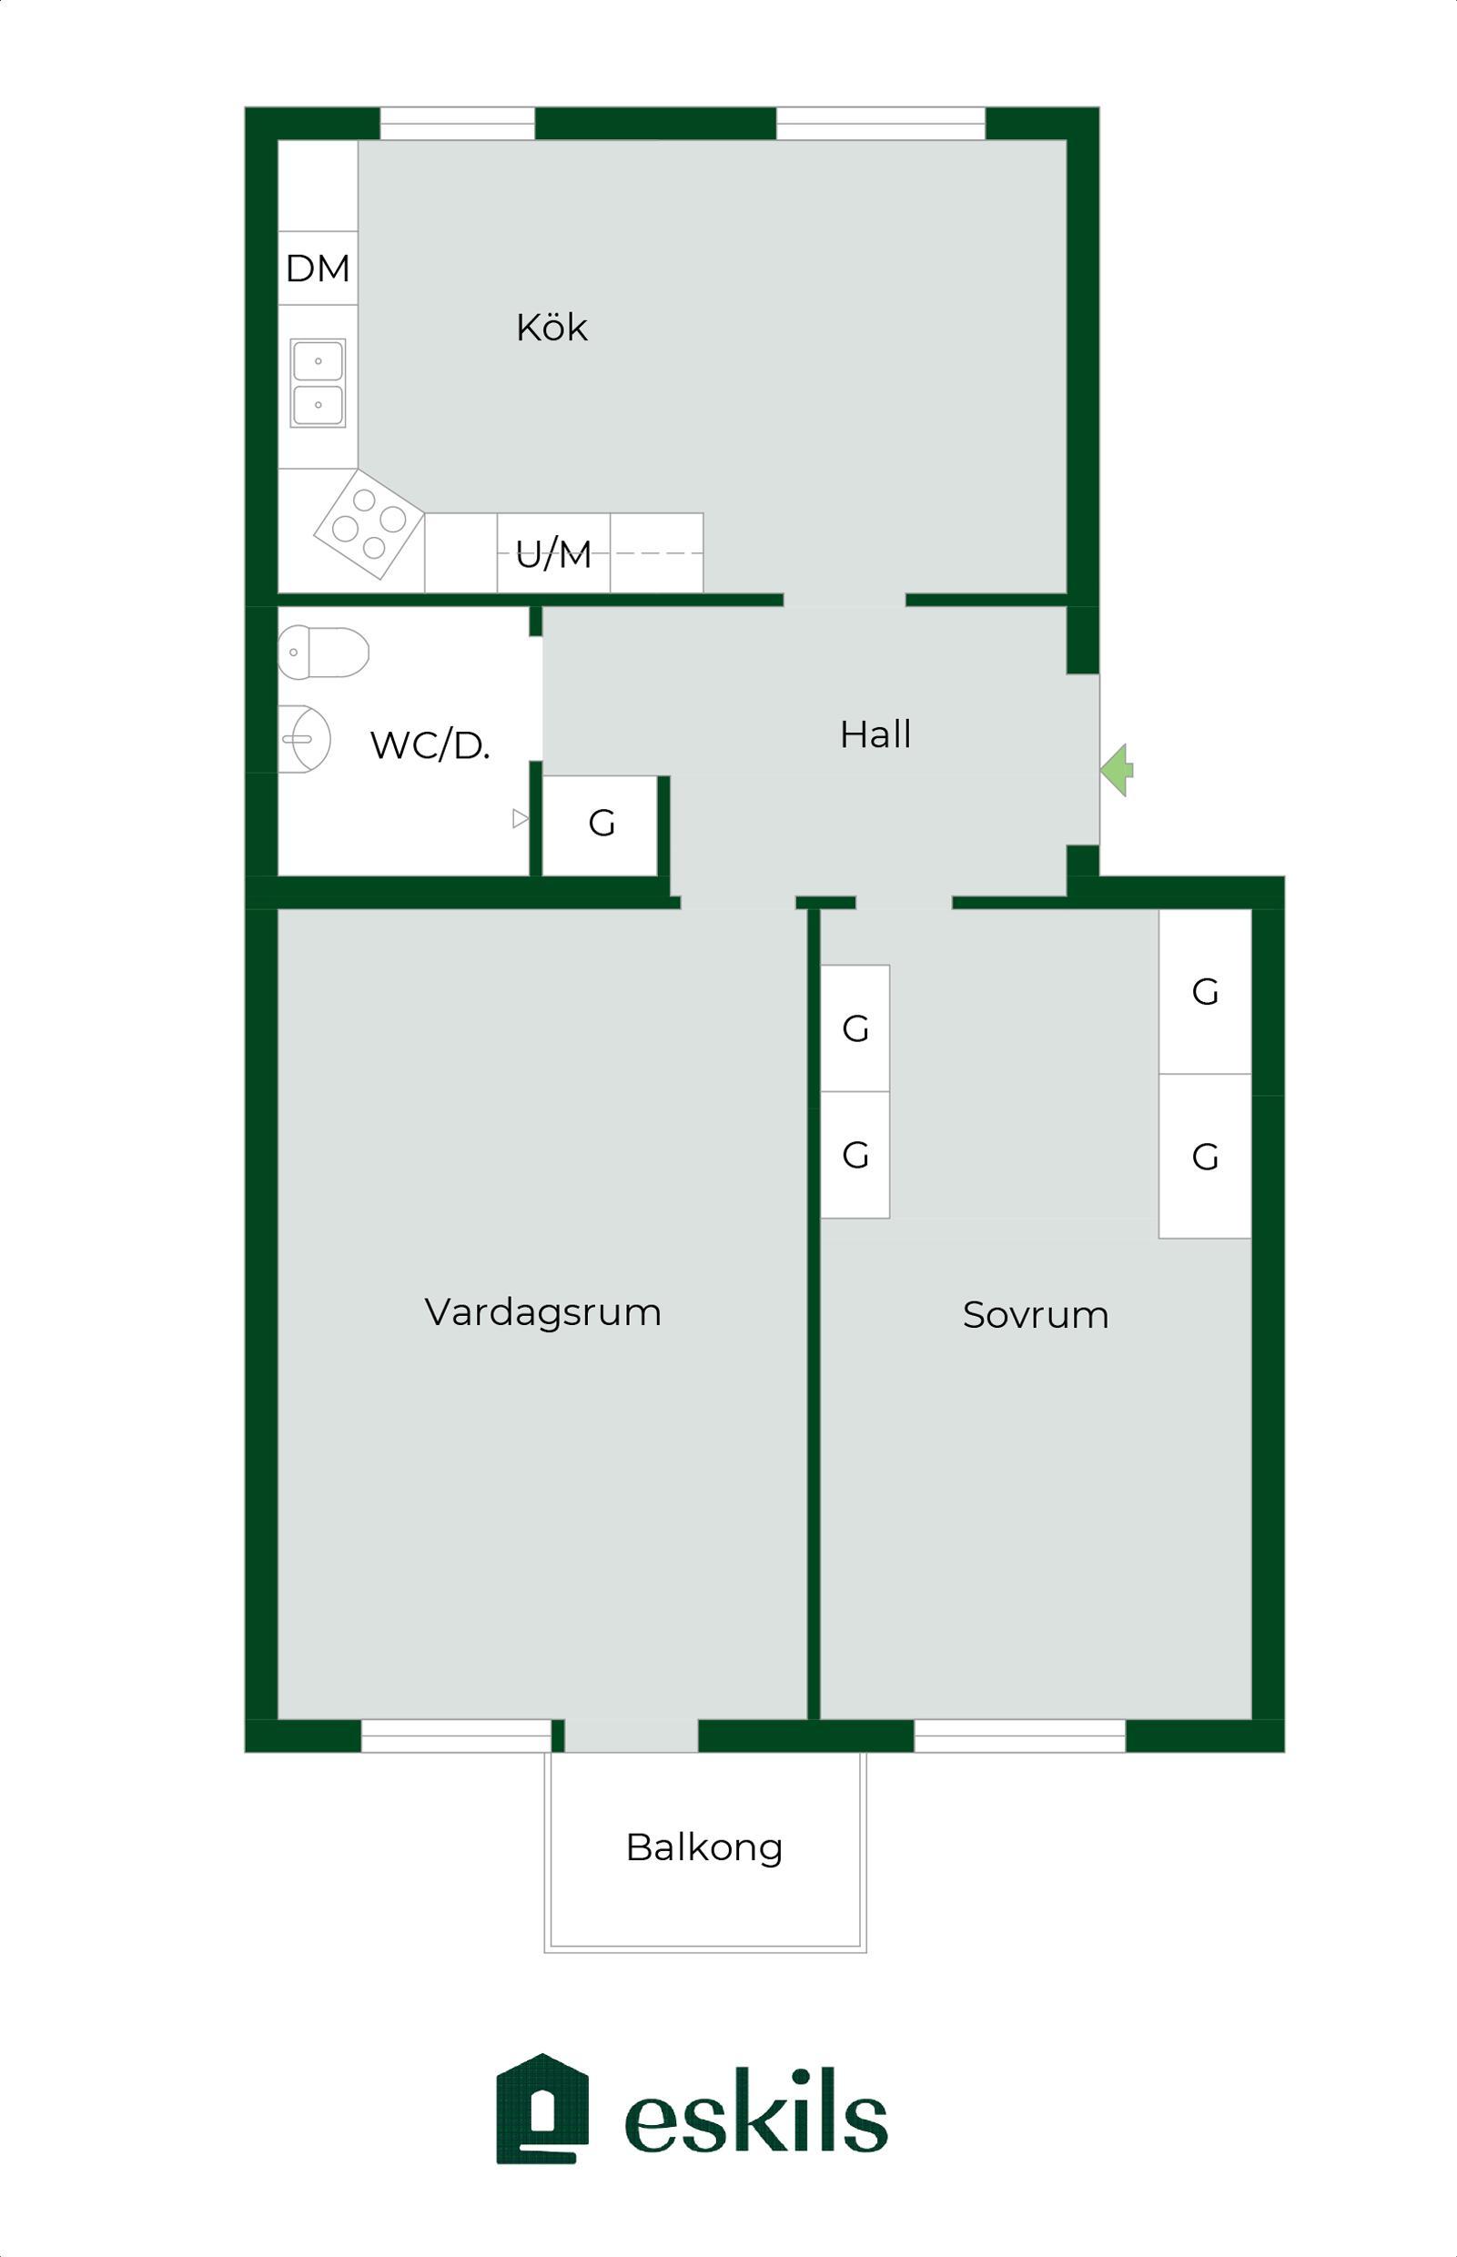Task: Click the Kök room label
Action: (551, 328)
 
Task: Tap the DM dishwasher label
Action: (318, 268)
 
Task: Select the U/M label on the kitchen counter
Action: (553, 554)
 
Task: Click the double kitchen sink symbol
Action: (318, 383)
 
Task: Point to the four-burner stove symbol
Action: (369, 523)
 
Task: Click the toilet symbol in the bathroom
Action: (323, 652)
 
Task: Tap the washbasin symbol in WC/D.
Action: (304, 739)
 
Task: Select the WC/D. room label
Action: (430, 746)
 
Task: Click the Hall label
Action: (875, 734)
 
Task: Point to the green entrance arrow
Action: (1117, 770)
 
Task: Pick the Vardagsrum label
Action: (543, 1312)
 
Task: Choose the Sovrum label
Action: (1036, 1315)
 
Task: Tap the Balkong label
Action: (705, 1847)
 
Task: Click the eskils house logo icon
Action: (542, 2109)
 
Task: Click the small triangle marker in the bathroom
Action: (521, 818)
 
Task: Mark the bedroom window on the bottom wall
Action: (1020, 1736)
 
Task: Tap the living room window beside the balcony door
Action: (456, 1736)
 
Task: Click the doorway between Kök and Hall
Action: (844, 600)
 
